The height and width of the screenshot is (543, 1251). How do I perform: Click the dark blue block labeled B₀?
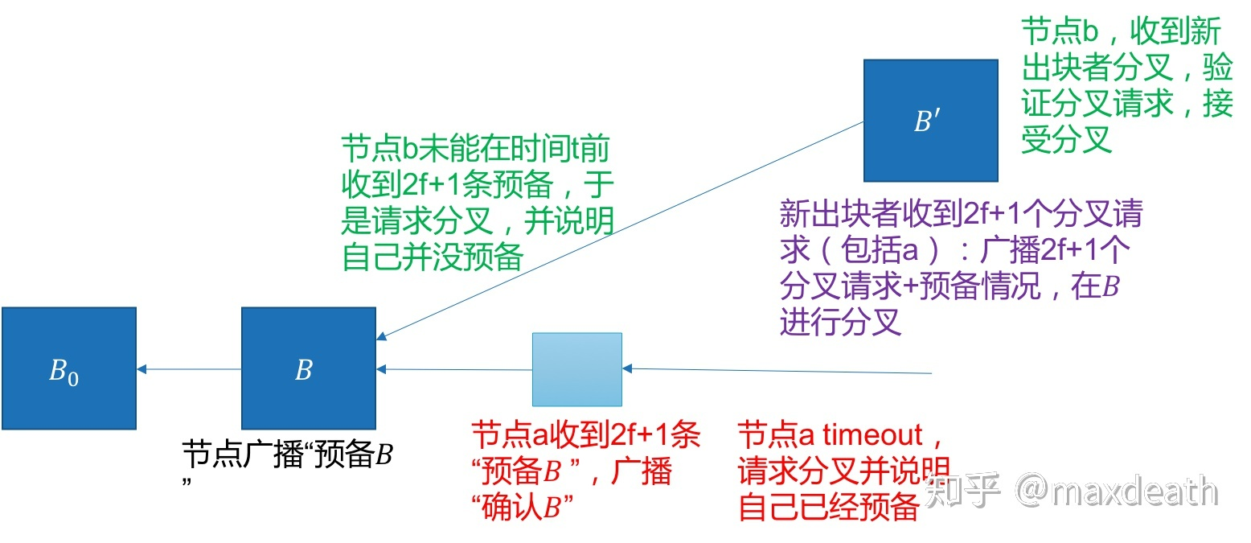click(68, 368)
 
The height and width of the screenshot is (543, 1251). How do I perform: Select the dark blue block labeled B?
click(309, 368)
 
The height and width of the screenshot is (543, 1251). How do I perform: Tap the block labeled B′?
click(930, 121)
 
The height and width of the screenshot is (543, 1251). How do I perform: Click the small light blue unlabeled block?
click(576, 369)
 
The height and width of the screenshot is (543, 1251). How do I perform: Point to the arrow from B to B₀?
click(189, 369)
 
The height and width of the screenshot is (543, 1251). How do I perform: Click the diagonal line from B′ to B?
click(619, 230)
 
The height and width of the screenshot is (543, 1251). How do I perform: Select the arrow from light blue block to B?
click(454, 370)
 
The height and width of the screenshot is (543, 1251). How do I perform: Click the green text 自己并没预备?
click(433, 257)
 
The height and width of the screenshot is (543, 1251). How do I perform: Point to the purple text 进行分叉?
click(839, 322)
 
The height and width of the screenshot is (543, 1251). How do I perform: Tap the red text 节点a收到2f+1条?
click(585, 435)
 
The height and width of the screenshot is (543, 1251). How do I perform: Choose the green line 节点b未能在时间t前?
click(474, 150)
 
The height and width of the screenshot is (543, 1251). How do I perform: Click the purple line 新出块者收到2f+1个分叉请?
click(960, 215)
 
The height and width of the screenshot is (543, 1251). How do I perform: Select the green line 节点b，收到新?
click(1121, 33)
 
